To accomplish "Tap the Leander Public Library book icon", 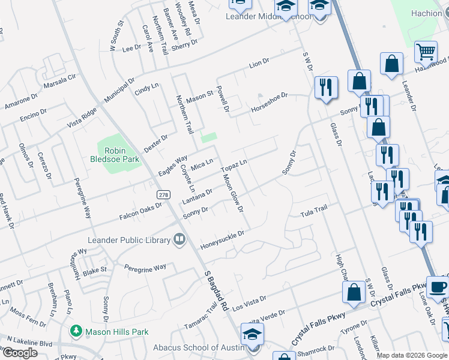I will coord(179,240).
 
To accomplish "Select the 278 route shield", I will coord(163,195).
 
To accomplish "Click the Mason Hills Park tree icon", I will coord(76,331).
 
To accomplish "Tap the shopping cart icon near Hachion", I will coord(426,52).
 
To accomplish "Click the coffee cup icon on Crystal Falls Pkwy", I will coord(438,287).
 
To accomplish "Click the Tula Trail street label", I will coord(314,211).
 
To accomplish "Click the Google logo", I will coord(20,353).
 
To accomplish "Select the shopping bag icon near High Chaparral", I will coord(354,292).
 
